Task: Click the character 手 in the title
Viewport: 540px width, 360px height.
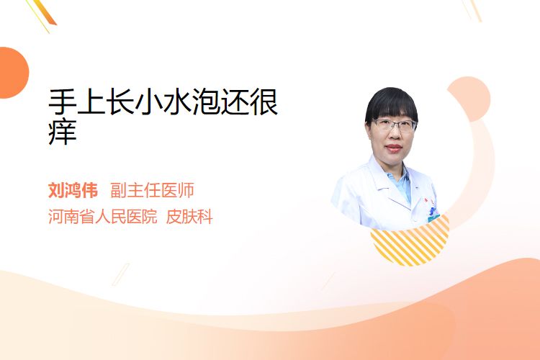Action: [63, 102]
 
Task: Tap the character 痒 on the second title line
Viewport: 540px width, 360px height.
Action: [63, 132]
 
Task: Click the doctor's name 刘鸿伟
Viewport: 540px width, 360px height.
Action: [73, 190]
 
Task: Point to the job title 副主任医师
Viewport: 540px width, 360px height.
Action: [152, 190]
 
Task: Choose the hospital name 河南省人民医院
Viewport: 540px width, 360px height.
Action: [103, 217]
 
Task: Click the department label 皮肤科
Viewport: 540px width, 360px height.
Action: [189, 217]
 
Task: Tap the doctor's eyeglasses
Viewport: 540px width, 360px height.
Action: [394, 125]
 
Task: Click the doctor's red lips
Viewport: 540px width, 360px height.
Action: [394, 148]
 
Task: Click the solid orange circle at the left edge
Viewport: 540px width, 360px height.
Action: [13, 73]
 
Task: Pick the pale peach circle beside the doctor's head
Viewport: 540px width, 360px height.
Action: [469, 99]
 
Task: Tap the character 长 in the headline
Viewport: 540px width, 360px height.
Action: [120, 102]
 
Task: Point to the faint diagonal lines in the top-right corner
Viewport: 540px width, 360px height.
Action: [472, 10]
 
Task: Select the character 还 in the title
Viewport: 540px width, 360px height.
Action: [235, 102]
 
